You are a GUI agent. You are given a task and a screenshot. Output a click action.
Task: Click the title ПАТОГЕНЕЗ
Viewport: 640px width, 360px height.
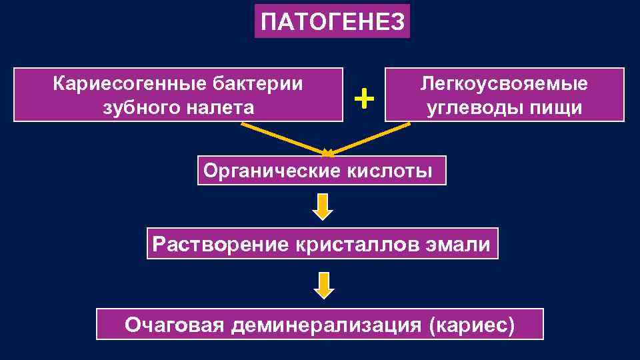click(x=332, y=22)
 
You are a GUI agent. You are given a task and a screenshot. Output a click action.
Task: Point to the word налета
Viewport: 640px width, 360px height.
click(x=220, y=107)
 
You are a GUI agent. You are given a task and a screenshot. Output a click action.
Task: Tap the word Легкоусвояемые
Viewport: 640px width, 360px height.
click(x=504, y=84)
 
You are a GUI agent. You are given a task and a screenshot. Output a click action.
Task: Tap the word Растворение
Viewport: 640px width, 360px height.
click(x=218, y=243)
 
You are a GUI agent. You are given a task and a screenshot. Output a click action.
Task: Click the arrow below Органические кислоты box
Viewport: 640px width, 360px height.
click(x=323, y=207)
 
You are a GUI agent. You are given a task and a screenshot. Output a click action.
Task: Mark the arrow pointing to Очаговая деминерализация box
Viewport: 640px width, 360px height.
click(x=323, y=285)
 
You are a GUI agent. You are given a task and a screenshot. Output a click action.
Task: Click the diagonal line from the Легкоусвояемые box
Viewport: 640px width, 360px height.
click(x=370, y=138)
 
